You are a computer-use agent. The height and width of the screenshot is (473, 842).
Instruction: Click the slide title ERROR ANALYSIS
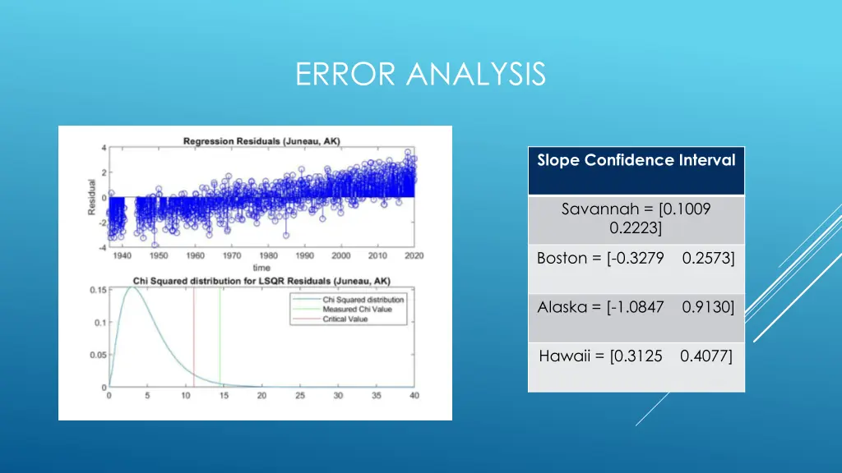pyautogui.click(x=420, y=74)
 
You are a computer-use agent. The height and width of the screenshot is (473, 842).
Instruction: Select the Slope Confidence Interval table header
pyautogui.click(x=636, y=161)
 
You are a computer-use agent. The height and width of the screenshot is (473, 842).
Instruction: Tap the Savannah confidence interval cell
pyautogui.click(x=636, y=218)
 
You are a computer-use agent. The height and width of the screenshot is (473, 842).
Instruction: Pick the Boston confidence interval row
pyautogui.click(x=636, y=259)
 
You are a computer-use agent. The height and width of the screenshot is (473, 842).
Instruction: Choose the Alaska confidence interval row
pyautogui.click(x=636, y=308)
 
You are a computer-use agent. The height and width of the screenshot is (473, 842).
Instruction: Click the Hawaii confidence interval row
pyautogui.click(x=636, y=356)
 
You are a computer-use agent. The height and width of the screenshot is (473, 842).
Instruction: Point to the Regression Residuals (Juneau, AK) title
pyautogui.click(x=261, y=141)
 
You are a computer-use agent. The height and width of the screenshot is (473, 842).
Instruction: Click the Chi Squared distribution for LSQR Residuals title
pyautogui.click(x=261, y=281)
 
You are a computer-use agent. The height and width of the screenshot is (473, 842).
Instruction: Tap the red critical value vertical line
pyautogui.click(x=194, y=337)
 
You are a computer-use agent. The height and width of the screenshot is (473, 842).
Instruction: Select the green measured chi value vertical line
pyautogui.click(x=220, y=337)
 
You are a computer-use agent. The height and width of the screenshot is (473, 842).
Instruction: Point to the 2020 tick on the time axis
pyautogui.click(x=414, y=255)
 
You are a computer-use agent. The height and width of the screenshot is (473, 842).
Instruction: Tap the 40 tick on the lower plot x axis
pyautogui.click(x=414, y=396)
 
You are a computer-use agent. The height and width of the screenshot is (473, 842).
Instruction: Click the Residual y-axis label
pyautogui.click(x=91, y=198)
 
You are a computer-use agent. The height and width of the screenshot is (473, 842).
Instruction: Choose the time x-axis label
pyautogui.click(x=261, y=268)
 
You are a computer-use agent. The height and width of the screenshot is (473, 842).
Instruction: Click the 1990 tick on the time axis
pyautogui.click(x=304, y=255)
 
